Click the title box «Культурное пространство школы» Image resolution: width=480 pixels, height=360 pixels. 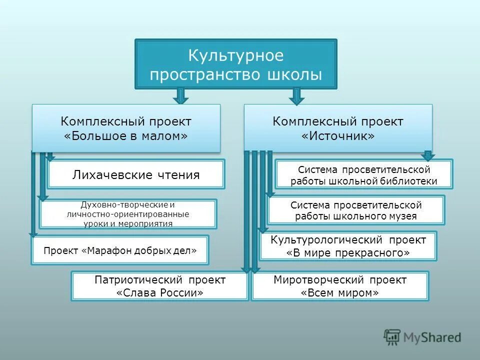[x=236, y=64]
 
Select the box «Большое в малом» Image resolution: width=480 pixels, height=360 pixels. [x=126, y=128]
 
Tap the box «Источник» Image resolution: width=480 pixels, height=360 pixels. [x=338, y=128]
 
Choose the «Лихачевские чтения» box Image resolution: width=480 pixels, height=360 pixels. [x=136, y=174]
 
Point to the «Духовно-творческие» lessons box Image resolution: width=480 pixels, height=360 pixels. [x=128, y=214]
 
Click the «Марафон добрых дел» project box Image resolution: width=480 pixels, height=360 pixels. [x=120, y=250]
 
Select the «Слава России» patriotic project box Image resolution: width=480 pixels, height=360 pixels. [x=160, y=286]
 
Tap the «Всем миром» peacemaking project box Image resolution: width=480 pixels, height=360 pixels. [x=340, y=286]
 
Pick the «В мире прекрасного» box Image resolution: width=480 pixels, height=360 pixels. [x=348, y=246]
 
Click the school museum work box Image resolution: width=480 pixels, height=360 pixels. [x=355, y=210]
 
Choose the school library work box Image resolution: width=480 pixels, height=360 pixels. [x=364, y=174]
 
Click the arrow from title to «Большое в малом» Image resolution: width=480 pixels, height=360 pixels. [x=181, y=95]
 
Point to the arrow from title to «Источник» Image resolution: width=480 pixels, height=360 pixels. [x=296, y=95]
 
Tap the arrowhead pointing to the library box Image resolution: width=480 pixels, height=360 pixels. [x=427, y=156]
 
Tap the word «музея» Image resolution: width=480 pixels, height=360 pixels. [x=399, y=216]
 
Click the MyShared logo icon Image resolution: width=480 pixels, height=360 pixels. [x=392, y=336]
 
